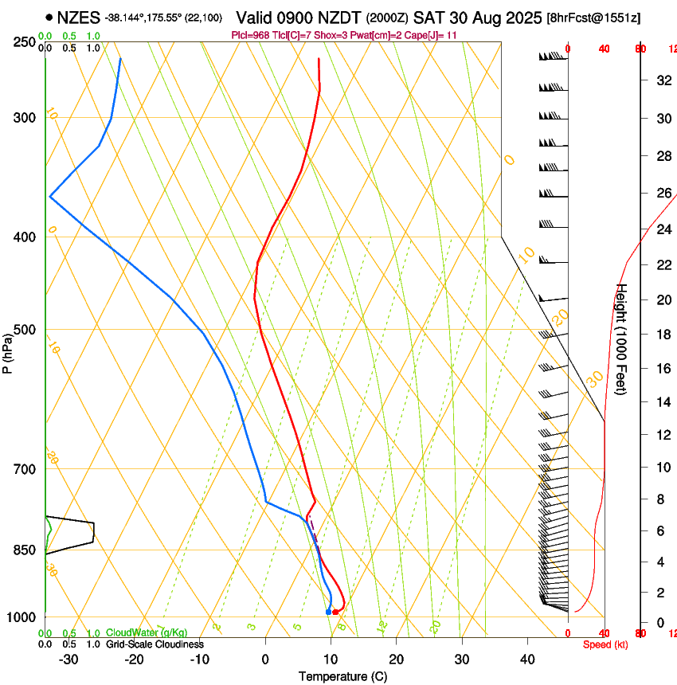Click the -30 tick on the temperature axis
click(x=69, y=660)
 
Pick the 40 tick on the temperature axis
click(x=527, y=660)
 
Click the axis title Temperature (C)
click(x=342, y=677)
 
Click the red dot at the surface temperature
click(x=335, y=612)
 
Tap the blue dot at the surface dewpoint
click(x=328, y=612)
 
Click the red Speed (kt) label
click(x=605, y=644)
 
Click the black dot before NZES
click(x=49, y=17)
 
